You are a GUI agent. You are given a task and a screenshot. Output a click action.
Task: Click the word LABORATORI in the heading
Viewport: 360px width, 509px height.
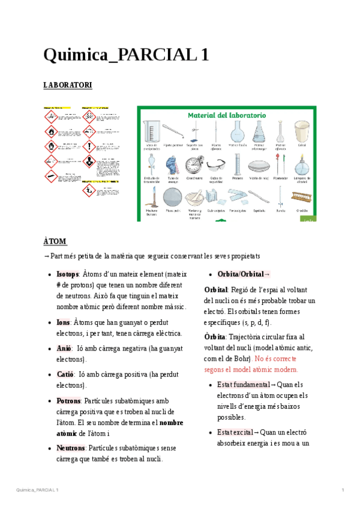[67, 86]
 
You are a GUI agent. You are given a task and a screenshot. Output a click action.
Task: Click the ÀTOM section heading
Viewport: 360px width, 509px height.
[55, 241]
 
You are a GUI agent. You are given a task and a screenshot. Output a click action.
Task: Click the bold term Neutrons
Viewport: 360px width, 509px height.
[70, 448]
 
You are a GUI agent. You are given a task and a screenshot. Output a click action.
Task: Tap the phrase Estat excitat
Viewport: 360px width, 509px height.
[235, 432]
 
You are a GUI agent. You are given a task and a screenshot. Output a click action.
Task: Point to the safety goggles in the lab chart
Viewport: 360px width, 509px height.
[217, 164]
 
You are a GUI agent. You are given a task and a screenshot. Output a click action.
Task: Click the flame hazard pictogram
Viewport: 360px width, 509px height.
[50, 131]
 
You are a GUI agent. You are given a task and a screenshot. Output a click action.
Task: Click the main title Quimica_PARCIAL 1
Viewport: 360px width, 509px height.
[126, 55]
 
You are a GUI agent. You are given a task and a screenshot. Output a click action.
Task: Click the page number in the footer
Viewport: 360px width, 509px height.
[342, 491]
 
